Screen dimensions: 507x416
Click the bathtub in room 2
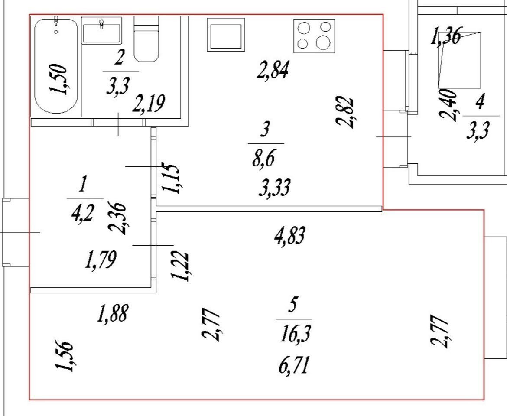point(56,65)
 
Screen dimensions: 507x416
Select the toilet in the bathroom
point(146,39)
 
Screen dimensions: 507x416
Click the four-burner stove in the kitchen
point(315,36)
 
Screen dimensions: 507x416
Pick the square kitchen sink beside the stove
point(226,35)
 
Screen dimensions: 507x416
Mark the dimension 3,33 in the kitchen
point(274,188)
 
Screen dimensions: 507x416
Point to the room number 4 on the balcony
point(479,103)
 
